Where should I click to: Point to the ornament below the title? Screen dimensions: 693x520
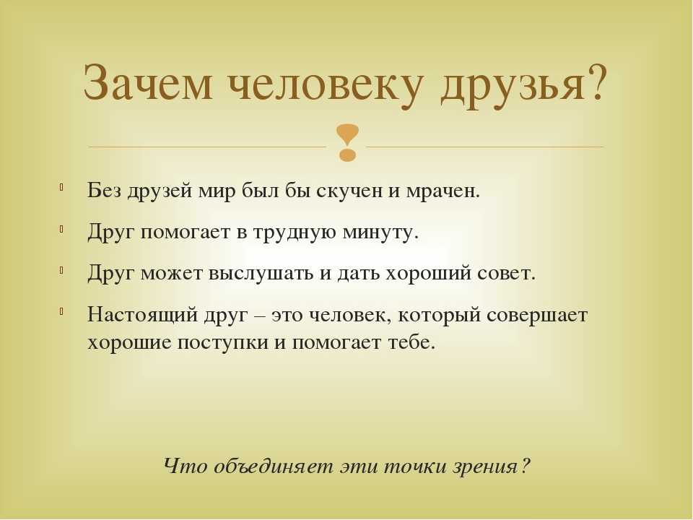(347, 142)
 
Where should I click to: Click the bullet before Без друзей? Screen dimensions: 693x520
(61, 187)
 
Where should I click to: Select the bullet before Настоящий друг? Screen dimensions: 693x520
(61, 311)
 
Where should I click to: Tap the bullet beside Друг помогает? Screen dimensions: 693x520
(61, 229)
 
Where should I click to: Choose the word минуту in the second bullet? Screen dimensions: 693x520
(380, 233)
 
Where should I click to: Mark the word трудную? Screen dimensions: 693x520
(295, 233)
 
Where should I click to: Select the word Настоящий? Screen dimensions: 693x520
(142, 316)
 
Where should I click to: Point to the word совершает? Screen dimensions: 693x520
(537, 316)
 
